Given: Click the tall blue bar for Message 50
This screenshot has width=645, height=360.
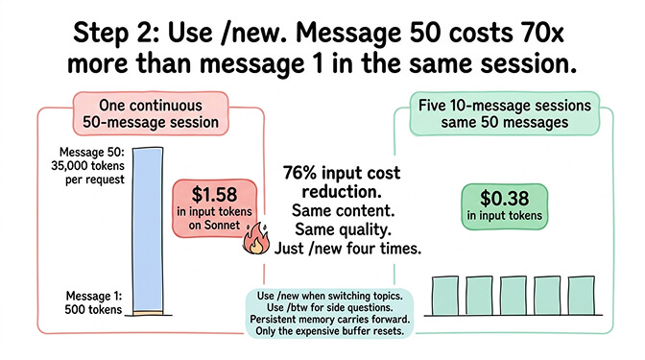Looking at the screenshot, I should (152, 228).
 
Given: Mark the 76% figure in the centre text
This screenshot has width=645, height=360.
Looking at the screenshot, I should (301, 173).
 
